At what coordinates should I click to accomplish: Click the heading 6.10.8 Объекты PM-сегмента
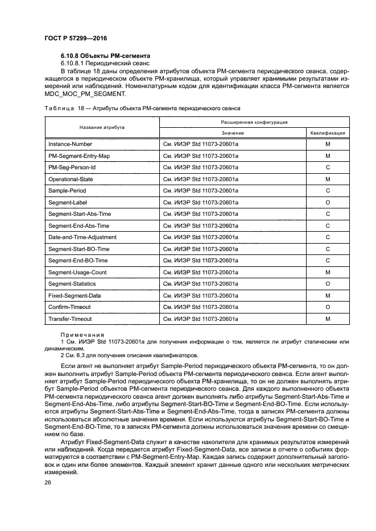coord(105,56)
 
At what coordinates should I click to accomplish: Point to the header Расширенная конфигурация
coord(254,122)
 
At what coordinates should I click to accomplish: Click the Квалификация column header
coord(328,133)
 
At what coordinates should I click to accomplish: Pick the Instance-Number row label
coord(70,144)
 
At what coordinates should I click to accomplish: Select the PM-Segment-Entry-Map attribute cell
coord(79,156)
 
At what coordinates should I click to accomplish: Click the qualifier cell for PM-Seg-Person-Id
coord(328,168)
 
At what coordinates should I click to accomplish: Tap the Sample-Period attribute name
coord(67,191)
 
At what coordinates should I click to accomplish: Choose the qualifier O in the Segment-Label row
coord(328,202)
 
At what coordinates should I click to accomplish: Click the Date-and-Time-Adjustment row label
coord(82,237)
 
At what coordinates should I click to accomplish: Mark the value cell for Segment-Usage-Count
coord(201,272)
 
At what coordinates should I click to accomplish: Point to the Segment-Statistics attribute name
coord(72,284)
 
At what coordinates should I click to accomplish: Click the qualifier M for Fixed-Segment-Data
coord(328,296)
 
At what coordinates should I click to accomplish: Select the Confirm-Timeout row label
coord(69,307)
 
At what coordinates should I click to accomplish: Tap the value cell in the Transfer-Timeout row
coord(201,319)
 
